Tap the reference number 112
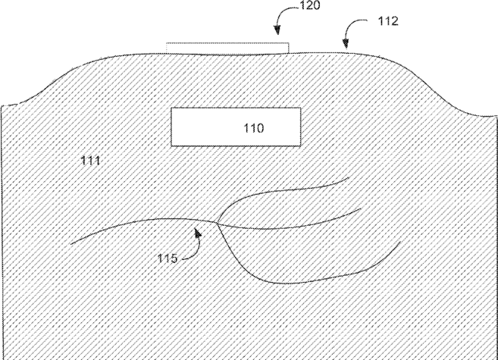click(388, 22)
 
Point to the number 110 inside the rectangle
click(254, 128)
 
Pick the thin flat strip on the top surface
click(227, 49)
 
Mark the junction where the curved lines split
click(217, 223)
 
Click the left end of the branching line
click(70, 244)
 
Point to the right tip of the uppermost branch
click(349, 177)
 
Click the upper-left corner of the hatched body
click(2, 105)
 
